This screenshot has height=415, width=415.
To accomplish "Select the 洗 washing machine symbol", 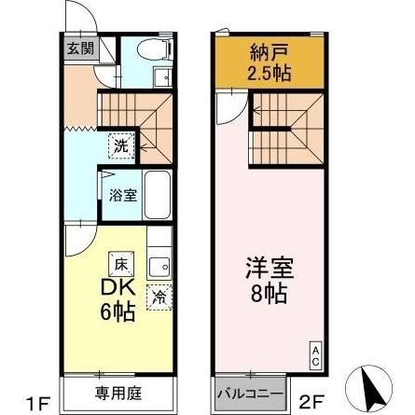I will click(122, 145).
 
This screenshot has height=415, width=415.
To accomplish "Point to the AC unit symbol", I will click(314, 355).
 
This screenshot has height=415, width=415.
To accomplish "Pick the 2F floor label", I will click(311, 403).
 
